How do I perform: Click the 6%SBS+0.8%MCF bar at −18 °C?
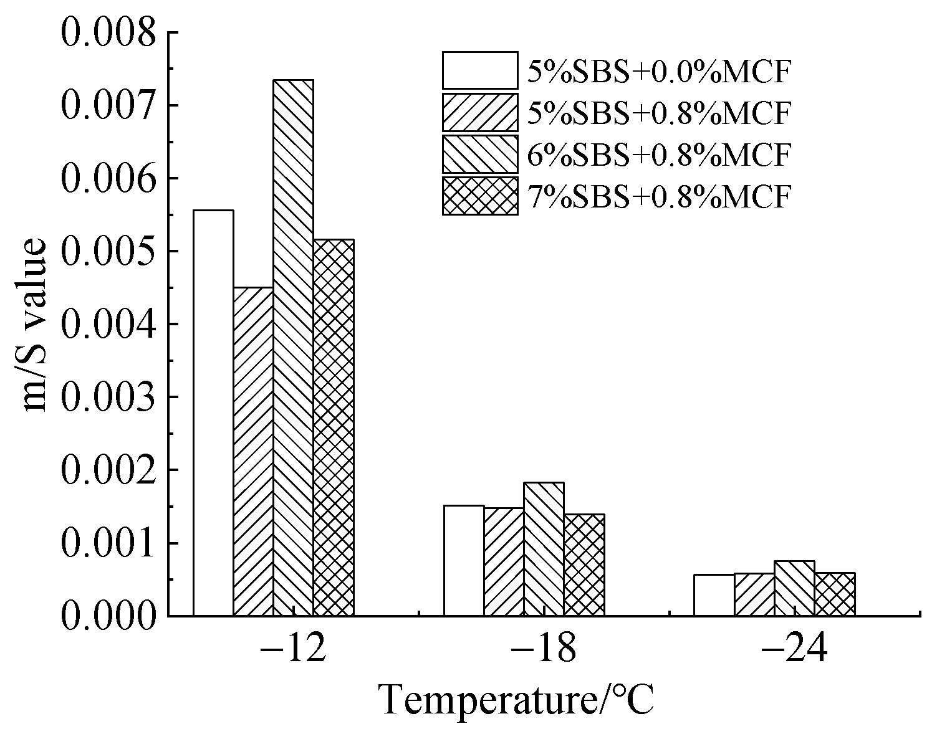click(x=544, y=549)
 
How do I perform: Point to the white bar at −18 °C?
click(x=464, y=560)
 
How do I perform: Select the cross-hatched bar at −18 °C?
click(x=584, y=565)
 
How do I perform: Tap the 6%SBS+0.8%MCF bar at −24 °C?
click(x=794, y=588)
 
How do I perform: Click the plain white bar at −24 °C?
click(x=714, y=595)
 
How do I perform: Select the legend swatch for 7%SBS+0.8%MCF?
click(x=480, y=196)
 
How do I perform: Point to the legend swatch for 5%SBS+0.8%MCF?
click(x=480, y=112)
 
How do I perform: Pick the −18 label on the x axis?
click(x=543, y=650)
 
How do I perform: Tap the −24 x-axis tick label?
click(x=794, y=650)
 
